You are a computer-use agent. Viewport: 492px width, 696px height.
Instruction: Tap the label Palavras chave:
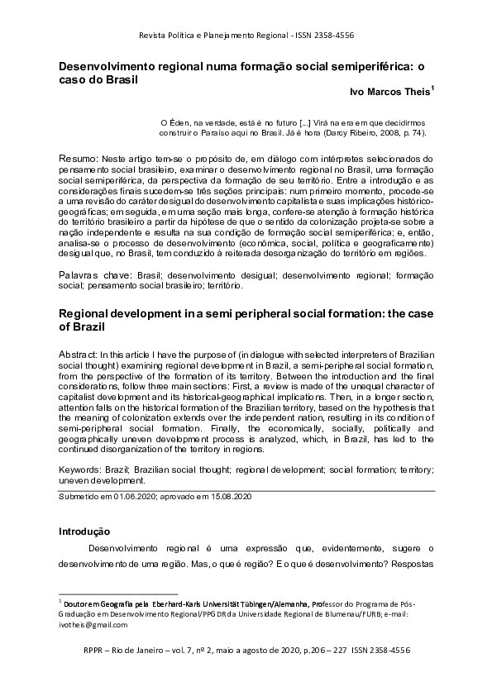[x=93, y=274]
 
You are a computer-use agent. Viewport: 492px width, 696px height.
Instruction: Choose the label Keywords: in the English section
[x=83, y=469]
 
